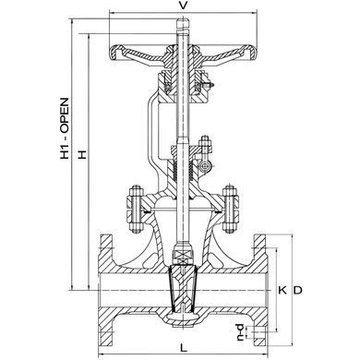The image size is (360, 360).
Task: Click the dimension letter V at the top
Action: (183, 6)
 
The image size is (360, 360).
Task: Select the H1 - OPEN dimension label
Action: (65, 128)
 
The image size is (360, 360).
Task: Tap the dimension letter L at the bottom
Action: (184, 348)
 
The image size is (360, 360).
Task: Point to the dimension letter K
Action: (282, 290)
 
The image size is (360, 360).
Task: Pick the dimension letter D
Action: (297, 290)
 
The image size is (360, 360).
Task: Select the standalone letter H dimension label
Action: (82, 154)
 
